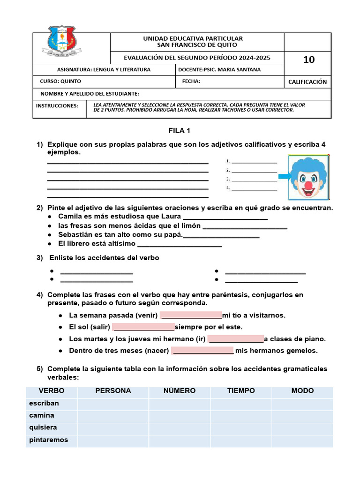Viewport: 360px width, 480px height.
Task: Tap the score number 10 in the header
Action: (x=309, y=60)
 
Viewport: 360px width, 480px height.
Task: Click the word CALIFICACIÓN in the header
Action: (x=307, y=82)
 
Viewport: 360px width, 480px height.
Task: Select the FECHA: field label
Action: (x=191, y=81)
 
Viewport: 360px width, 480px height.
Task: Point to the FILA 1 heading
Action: (x=180, y=131)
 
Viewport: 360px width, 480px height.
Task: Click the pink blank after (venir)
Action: (x=191, y=315)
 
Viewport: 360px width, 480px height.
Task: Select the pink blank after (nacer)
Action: (x=202, y=351)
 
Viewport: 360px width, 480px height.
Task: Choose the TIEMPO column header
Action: (x=241, y=391)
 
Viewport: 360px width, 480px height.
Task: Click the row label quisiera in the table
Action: (x=43, y=427)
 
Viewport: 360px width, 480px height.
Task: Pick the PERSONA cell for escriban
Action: (x=113, y=404)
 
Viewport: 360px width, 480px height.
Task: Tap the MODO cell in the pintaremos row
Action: (x=302, y=440)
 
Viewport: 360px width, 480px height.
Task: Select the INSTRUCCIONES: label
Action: (x=57, y=105)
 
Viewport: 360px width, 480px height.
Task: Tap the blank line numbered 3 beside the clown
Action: (x=254, y=180)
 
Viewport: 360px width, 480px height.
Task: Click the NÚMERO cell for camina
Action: (x=180, y=416)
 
